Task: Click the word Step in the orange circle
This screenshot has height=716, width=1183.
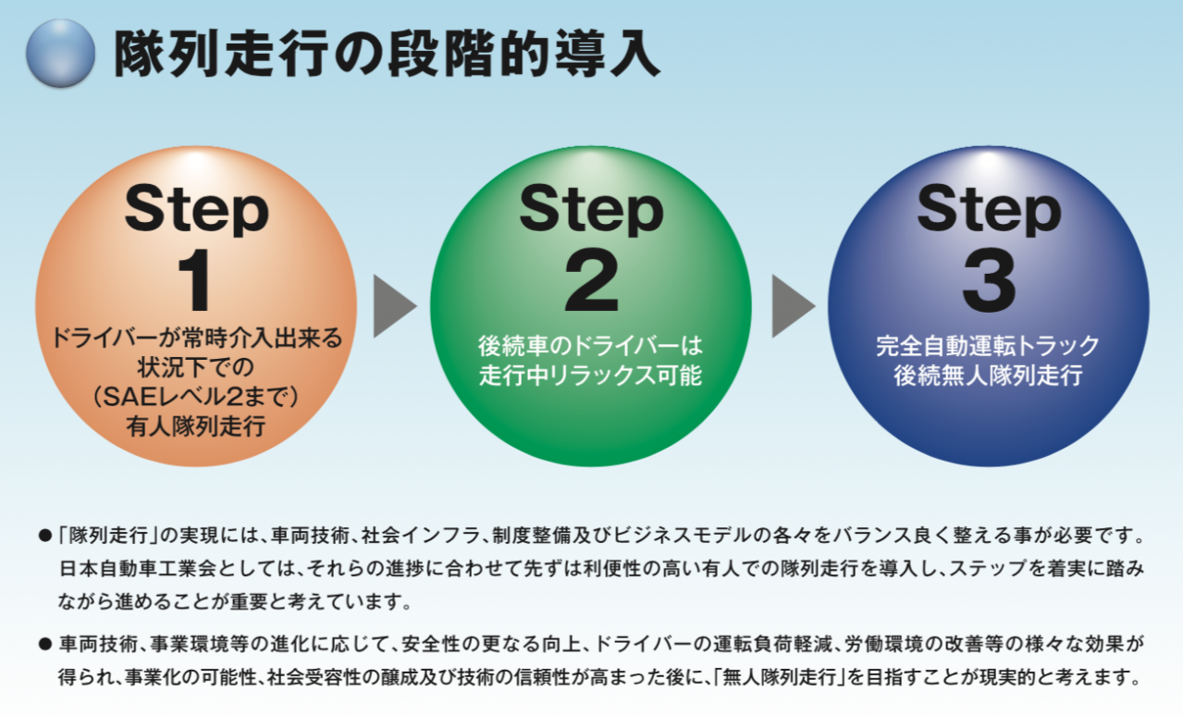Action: pyautogui.click(x=196, y=207)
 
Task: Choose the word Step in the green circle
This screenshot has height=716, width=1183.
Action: pyautogui.click(x=591, y=207)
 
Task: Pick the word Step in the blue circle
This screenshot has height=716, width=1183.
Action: pyautogui.click(x=988, y=207)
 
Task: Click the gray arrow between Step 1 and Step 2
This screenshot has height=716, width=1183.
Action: pyautogui.click(x=394, y=305)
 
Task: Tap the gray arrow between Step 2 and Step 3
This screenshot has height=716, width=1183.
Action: pyautogui.click(x=793, y=305)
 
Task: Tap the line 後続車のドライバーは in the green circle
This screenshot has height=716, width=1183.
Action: pyautogui.click(x=591, y=347)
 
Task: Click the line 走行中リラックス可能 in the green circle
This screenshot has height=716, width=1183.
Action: pyautogui.click(x=591, y=377)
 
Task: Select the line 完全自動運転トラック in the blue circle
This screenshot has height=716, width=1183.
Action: pyautogui.click(x=988, y=347)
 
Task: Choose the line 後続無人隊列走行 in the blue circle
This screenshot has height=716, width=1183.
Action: pyautogui.click(x=988, y=377)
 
